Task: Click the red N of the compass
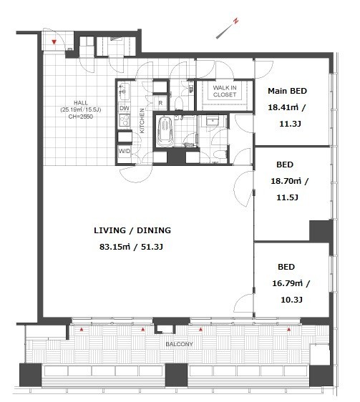pos(235,21)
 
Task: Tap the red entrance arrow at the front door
pos(54,42)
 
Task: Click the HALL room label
pos(81,103)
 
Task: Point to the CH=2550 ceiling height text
pos(81,117)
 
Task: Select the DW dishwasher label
pos(125,108)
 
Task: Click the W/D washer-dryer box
pos(125,151)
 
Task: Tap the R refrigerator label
pos(160,103)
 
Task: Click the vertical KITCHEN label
pos(142,121)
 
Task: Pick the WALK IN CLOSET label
pos(225,91)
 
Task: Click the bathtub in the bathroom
pos(165,132)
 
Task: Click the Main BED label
pos(288,91)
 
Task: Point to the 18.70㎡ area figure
pos(286,181)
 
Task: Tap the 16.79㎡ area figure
pos(288,283)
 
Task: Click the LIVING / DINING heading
pos(132,230)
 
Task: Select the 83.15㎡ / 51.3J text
pos(131,247)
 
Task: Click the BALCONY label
pos(179,344)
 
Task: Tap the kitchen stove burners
pos(125,120)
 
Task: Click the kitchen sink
pos(124,92)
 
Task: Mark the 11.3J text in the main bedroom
pos(290,124)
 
